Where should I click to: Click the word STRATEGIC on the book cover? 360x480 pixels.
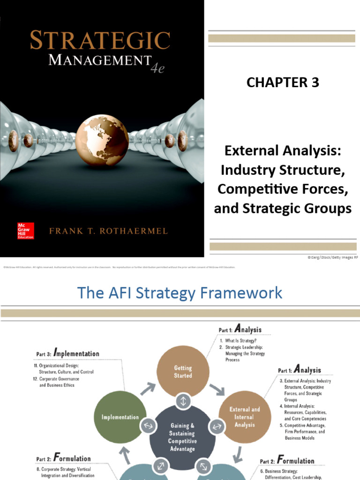(100, 41)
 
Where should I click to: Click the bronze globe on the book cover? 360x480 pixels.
(102, 141)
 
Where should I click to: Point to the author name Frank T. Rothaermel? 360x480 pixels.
(108, 231)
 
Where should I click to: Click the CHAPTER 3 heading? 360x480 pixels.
(283, 82)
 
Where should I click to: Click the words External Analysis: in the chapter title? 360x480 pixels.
(282, 151)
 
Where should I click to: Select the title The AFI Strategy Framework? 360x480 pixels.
(180, 293)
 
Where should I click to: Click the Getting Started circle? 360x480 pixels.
(182, 372)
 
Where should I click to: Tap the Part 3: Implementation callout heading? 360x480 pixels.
(68, 354)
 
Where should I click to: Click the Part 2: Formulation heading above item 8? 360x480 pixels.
(63, 459)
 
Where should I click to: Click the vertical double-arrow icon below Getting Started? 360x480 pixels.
(182, 401)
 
